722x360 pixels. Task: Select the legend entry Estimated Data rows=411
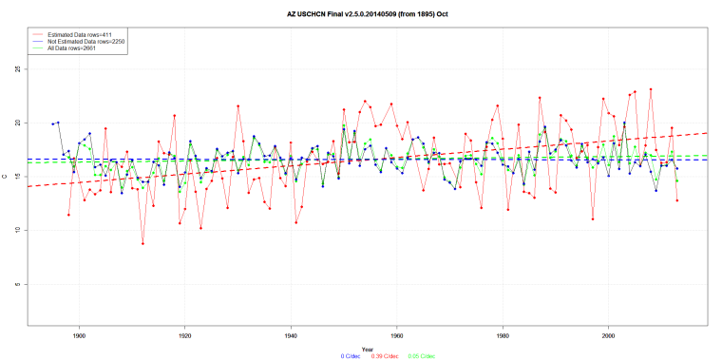pos(72,35)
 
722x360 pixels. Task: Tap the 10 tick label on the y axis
pos(19,230)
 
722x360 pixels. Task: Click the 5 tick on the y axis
pos(19,284)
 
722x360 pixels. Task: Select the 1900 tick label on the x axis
pos(79,334)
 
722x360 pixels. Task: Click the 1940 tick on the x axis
pos(291,334)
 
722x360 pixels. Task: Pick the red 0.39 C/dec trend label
pos(384,356)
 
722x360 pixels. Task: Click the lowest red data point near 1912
pos(142,243)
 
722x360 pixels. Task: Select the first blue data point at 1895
pos(53,124)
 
